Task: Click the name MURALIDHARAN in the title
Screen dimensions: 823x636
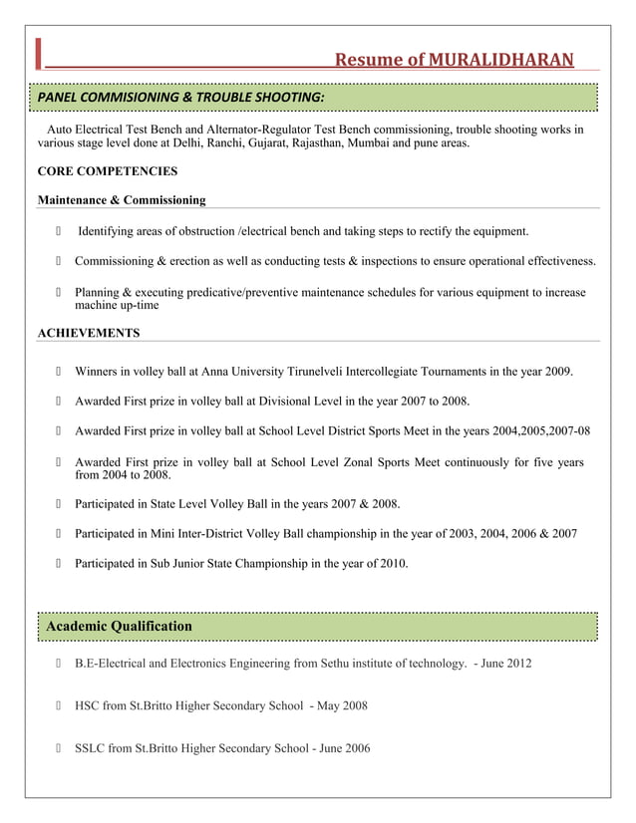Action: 501,60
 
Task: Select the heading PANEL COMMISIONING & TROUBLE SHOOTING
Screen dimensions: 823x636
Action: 180,97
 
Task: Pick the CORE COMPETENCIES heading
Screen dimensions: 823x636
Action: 108,171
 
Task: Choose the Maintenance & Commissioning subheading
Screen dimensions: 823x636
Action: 122,200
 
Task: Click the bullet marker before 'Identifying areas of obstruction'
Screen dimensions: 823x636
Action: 60,232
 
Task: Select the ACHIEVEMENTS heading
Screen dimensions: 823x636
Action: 89,333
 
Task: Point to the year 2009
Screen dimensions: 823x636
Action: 558,372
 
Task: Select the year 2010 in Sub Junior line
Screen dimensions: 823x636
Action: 392,564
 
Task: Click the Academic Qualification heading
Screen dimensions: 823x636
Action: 120,626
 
